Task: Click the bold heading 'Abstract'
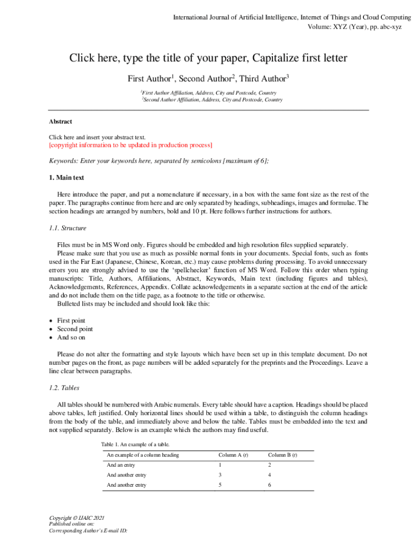click(x=60, y=122)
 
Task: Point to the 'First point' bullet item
click(x=71, y=320)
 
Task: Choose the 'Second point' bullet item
click(x=75, y=329)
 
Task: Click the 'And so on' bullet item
click(x=71, y=338)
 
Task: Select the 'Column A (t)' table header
click(x=233, y=455)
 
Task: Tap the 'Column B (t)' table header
click(x=282, y=455)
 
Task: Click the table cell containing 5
click(x=220, y=485)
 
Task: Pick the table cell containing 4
click(x=270, y=475)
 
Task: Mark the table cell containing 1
click(x=220, y=465)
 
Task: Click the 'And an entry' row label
click(x=121, y=465)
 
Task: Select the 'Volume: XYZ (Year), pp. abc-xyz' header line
click(x=354, y=27)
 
